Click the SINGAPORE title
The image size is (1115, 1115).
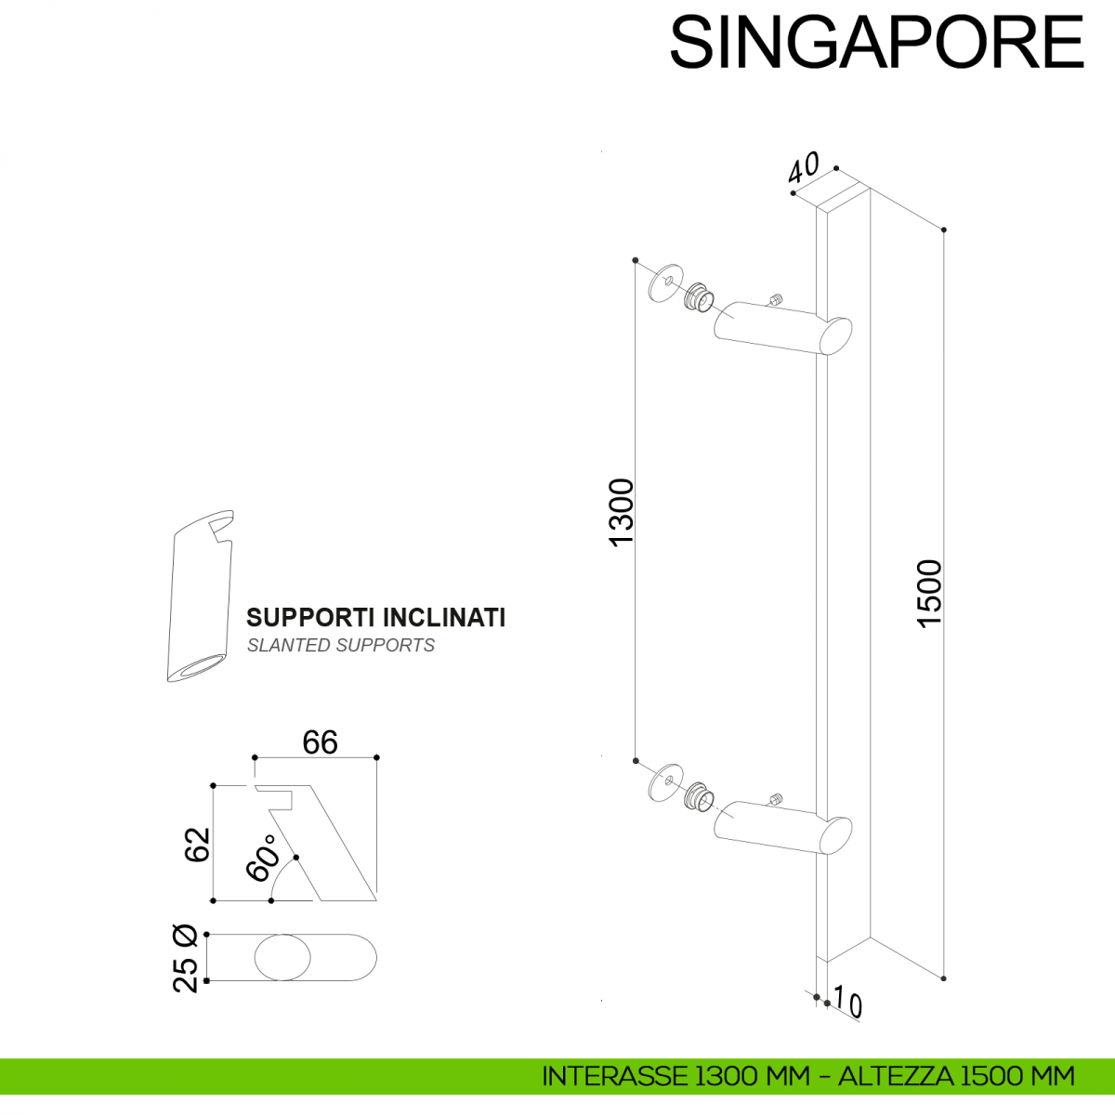click(876, 42)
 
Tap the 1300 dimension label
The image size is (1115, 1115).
click(620, 511)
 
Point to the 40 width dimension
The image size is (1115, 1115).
click(804, 168)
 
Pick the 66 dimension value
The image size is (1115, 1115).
click(320, 742)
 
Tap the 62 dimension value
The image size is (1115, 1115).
click(198, 844)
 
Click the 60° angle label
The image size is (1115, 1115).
click(263, 857)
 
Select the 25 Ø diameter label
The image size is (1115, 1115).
click(186, 958)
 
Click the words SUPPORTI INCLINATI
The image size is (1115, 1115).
click(375, 618)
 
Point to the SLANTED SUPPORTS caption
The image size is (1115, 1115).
click(340, 645)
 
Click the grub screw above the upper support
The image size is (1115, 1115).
click(775, 300)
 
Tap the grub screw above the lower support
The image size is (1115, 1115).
click(775, 798)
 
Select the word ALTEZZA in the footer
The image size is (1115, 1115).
click(896, 1076)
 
